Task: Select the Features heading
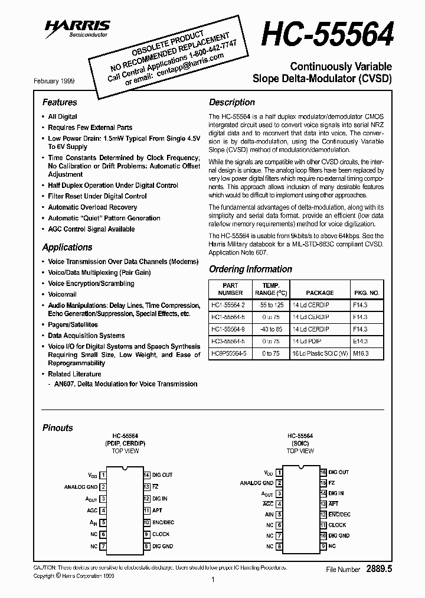[60, 102]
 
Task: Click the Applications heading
[67, 247]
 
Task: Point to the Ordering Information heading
[250, 269]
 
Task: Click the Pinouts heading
[58, 428]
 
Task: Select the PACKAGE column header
[320, 292]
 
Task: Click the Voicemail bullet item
[62, 294]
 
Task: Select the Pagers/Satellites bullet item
[73, 325]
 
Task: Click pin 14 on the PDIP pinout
[146, 474]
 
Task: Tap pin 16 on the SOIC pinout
[323, 472]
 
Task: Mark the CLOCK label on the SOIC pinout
[338, 525]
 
